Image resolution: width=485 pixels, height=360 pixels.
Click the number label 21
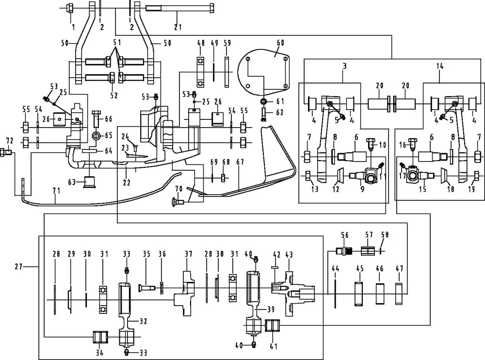click(178, 27)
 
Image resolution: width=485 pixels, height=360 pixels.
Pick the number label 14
click(440, 65)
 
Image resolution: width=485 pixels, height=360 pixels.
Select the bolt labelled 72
click(7, 153)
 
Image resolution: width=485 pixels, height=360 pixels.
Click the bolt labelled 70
click(176, 200)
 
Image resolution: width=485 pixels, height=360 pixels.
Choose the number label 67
click(240, 162)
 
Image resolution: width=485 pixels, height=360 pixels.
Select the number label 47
click(399, 268)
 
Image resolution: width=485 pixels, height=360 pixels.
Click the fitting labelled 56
click(345, 251)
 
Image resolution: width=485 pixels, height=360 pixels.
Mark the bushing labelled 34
click(100, 336)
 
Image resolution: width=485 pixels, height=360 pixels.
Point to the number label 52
click(113, 96)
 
